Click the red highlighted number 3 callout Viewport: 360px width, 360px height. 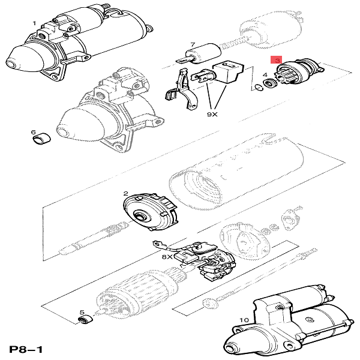pos(276,60)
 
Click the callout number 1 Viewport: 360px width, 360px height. pos(34,23)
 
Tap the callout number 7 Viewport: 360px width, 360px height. pos(192,44)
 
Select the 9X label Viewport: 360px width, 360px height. pos(214,112)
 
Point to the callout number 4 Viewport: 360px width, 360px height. pos(265,75)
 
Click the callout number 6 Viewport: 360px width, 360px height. pos(34,131)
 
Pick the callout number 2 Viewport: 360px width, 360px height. pos(125,193)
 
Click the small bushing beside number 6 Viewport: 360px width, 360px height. pos(41,141)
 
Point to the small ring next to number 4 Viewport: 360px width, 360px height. pos(259,89)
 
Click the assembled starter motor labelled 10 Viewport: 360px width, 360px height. pos(288,324)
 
